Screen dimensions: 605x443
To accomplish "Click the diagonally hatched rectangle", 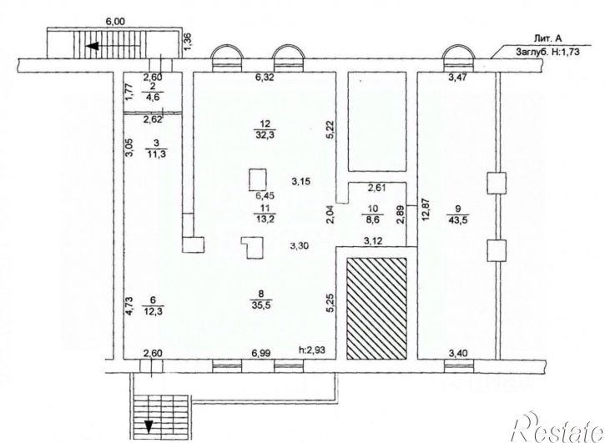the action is click(x=376, y=309).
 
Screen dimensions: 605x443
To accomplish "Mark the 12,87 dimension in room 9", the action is click(x=426, y=214).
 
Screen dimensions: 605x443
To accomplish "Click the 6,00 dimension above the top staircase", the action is click(x=115, y=22).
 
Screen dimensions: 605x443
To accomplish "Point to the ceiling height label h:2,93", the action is click(x=313, y=350).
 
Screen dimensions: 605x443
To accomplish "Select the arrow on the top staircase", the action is click(x=113, y=47).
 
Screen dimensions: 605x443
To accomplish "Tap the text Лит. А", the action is click(x=547, y=38).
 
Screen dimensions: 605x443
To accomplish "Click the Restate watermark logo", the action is click(x=557, y=428).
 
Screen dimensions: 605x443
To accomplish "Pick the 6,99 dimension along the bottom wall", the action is click(x=260, y=353).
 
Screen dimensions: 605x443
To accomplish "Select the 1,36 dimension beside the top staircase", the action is click(x=188, y=41).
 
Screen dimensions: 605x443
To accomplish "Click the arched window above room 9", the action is click(x=458, y=57).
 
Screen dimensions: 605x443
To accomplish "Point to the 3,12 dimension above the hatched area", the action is click(x=373, y=241).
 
